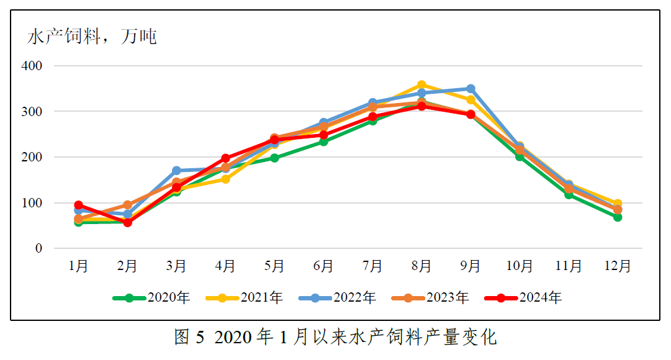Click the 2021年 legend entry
[x=261, y=298]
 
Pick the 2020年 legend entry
[x=168, y=298]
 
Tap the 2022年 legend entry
[x=354, y=298]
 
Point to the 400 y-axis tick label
[x=32, y=66]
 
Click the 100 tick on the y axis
[x=32, y=203]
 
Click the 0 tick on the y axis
[x=38, y=249]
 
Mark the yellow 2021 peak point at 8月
[x=421, y=85]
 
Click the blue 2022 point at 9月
[x=471, y=89]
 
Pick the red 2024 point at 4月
[x=225, y=158]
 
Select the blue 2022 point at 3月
[x=176, y=171]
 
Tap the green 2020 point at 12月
[x=618, y=217]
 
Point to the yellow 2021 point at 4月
[x=225, y=179]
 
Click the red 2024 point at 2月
[x=127, y=223]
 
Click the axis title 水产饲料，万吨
[x=92, y=37]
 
